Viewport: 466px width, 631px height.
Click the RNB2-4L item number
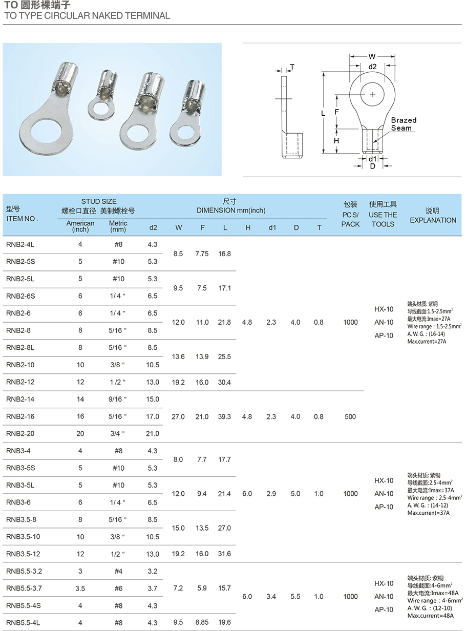click(x=20, y=244)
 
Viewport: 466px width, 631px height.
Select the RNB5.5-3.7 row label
click(x=24, y=588)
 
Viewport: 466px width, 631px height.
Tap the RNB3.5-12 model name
click(x=23, y=554)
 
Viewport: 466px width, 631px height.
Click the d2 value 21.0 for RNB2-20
click(x=153, y=434)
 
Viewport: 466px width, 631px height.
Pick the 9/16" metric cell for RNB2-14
click(x=118, y=399)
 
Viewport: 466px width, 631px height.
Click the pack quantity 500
click(x=350, y=416)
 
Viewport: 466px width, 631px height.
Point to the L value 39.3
click(x=224, y=416)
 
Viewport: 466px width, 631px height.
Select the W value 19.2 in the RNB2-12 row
click(x=178, y=382)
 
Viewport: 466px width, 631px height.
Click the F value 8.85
click(x=202, y=622)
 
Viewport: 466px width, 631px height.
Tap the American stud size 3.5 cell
click(x=80, y=588)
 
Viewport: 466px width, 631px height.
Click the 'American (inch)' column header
click(x=80, y=226)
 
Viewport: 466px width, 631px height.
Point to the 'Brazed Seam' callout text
click(x=404, y=124)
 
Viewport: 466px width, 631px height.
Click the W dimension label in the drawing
click(x=372, y=56)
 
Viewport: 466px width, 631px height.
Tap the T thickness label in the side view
click(x=292, y=67)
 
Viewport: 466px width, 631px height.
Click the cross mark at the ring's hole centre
click(x=372, y=94)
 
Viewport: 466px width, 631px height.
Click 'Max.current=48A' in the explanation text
click(x=430, y=615)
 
